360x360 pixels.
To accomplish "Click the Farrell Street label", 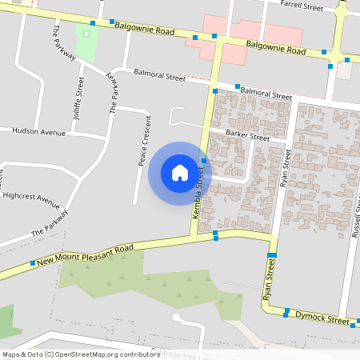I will tap(302, 7).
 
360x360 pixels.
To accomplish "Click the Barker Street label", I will tap(248, 135).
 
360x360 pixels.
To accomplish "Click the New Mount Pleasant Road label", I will tap(84, 255).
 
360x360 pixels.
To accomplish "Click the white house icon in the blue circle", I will tap(180, 172).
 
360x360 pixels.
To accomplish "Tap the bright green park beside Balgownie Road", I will tap(86, 42).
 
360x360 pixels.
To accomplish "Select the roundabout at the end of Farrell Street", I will tap(343, 11).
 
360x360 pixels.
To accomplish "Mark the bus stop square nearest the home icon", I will tap(205, 161).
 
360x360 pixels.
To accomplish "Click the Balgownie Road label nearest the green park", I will tap(145, 30).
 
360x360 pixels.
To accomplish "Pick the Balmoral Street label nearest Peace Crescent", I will tap(159, 77).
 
